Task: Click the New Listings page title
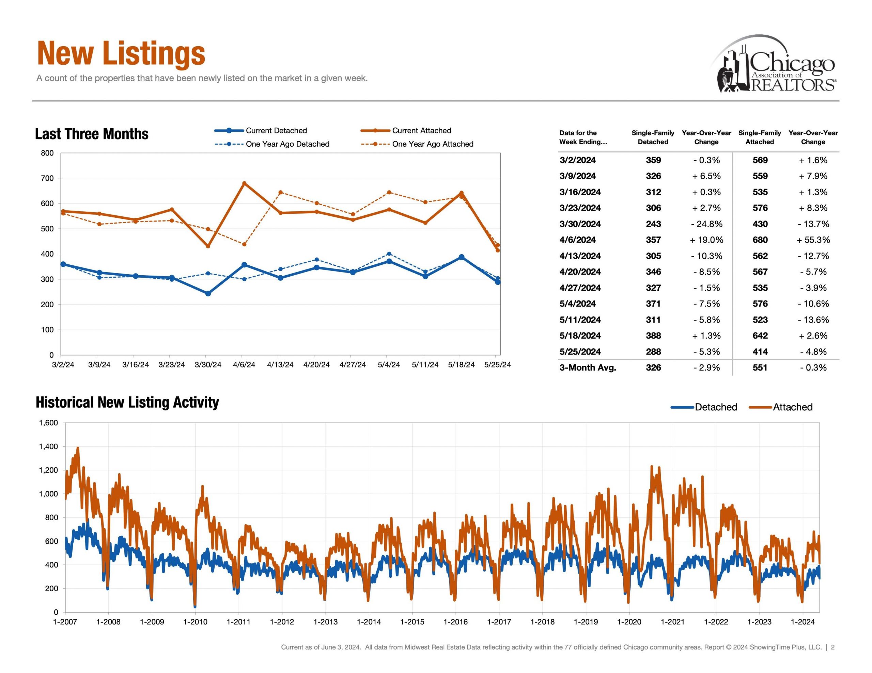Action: [121, 53]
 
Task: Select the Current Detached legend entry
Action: [276, 130]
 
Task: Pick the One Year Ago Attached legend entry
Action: [432, 144]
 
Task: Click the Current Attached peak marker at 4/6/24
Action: [244, 183]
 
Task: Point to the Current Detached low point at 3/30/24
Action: [208, 294]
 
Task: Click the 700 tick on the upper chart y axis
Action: [47, 178]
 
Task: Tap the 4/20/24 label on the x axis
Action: [316, 365]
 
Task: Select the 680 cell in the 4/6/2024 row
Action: [760, 240]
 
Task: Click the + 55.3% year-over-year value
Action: [813, 240]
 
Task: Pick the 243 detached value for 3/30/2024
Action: [653, 224]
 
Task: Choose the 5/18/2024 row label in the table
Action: [580, 335]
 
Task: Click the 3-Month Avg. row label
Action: [587, 367]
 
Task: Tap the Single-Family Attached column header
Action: [759, 137]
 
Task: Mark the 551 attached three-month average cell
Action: [760, 367]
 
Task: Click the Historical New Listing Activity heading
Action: [127, 402]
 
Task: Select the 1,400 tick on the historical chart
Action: [48, 446]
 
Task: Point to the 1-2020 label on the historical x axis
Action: [629, 622]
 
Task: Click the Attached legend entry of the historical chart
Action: [792, 407]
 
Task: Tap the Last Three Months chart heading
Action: [92, 134]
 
